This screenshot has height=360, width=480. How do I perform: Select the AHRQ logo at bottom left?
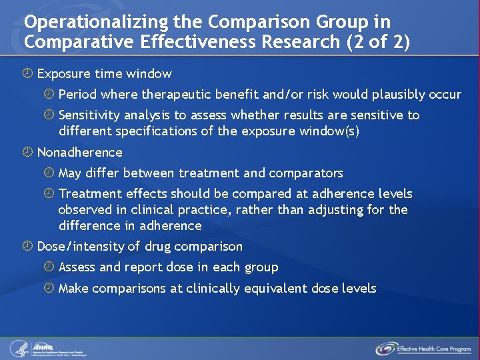coord(47,348)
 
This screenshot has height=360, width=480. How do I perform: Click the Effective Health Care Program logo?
coord(423,348)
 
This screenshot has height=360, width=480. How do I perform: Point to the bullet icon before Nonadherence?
coord(28,153)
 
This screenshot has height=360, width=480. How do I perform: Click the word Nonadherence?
coord(80,153)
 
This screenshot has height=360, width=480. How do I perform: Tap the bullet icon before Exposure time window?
coord(28,74)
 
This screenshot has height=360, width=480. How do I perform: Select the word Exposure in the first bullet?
coord(63,74)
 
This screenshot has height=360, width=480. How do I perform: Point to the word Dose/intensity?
coord(80,247)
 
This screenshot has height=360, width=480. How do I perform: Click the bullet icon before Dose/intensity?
coord(28,247)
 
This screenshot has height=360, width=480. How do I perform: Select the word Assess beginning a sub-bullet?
coord(77,267)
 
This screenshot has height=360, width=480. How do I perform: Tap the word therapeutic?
coord(170,94)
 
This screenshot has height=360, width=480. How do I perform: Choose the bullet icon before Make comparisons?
coord(49,289)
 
